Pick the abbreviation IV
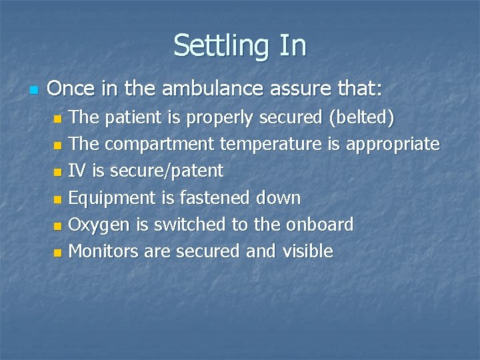78,171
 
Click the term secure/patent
167,171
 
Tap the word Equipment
111,198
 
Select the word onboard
320,225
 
